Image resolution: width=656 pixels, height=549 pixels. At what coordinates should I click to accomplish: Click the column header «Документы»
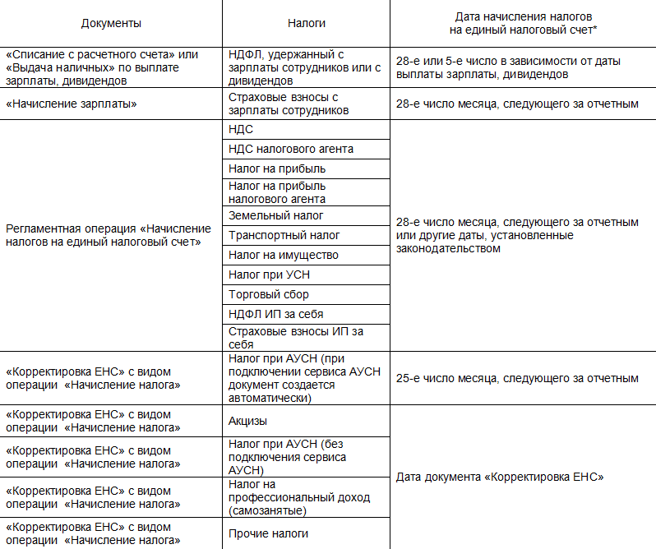[x=112, y=23]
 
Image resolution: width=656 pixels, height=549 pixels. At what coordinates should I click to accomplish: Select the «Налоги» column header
[x=306, y=23]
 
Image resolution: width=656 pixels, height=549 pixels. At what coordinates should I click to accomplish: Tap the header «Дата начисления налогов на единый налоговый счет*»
[x=523, y=23]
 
